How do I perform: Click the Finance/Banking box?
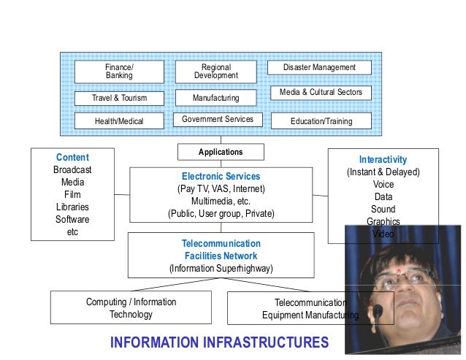pos(119,72)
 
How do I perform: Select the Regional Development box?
pos(216,72)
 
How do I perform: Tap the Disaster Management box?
pos(321,68)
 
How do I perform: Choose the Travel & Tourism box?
pos(119,98)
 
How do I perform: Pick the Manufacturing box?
pos(216,98)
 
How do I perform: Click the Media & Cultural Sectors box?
pos(321,93)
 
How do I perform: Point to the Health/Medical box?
pos(119,121)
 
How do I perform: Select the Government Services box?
pos(217,119)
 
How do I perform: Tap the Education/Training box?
pos(321,121)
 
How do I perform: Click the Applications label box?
pos(221,152)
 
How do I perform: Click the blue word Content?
pos(72,158)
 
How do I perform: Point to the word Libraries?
pos(72,207)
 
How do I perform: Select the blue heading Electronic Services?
pos(221,177)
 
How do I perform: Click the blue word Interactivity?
pos(383,159)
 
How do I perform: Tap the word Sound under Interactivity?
pos(383,210)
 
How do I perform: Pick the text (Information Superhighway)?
pos(221,269)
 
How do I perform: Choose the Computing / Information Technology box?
pos(131,308)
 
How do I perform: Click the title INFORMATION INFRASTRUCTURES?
pos(219,342)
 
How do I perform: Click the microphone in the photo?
pos(378,310)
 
